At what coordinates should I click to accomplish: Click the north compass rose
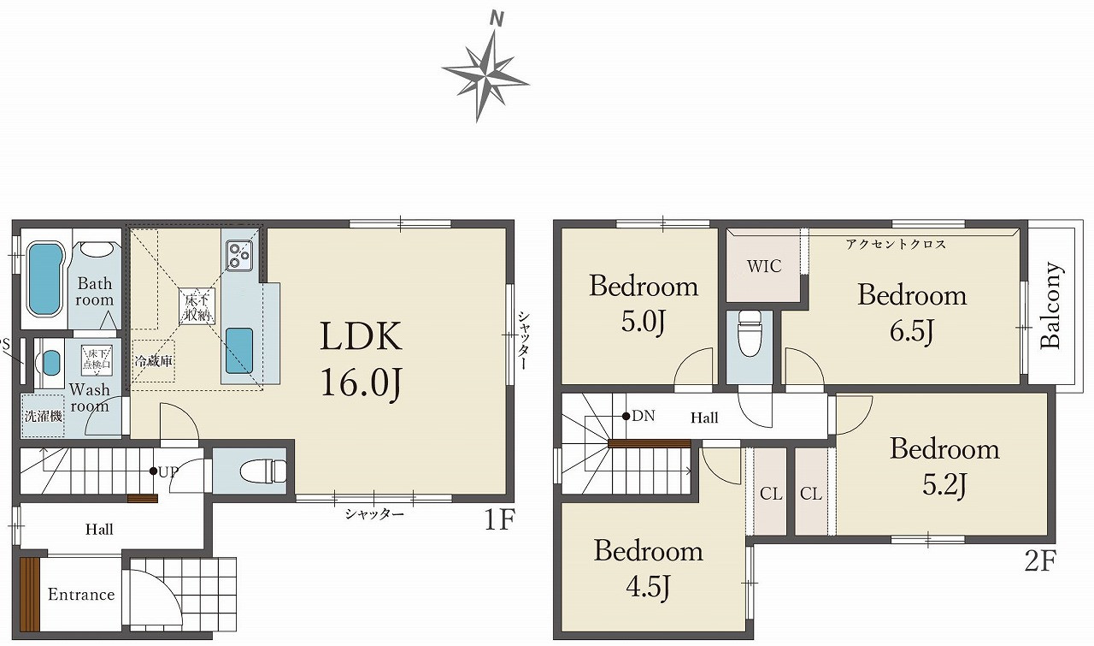pos(485,74)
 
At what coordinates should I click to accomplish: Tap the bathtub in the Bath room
pos(45,279)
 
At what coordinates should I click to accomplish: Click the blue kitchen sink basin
pos(239,351)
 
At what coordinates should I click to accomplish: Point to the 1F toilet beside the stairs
pos(264,471)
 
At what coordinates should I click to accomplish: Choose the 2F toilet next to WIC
pos(750,333)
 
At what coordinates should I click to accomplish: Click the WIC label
pos(764,266)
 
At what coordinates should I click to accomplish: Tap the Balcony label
pos(1051,305)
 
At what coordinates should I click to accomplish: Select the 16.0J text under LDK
pos(362,383)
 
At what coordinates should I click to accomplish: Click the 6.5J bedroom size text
pos(912,330)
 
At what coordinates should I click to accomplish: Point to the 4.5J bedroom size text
pos(648,586)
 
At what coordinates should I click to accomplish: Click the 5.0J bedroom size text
pos(644,321)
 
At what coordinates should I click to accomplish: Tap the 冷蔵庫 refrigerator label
pos(153,361)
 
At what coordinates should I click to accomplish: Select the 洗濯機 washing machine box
pos(43,416)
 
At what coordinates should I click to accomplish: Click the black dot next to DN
pos(626,416)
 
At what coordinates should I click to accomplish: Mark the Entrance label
pos(81,595)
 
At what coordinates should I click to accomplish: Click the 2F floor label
pos(1040,561)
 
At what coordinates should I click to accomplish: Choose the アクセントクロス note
pos(896,244)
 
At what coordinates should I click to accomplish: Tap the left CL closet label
pos(771,494)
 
